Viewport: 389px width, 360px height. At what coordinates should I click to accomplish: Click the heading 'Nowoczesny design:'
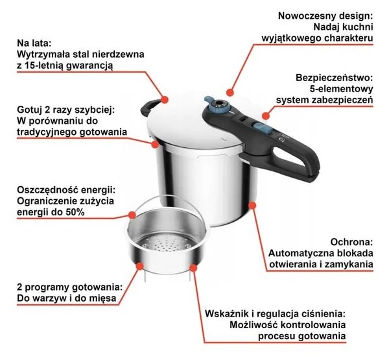coord(325,16)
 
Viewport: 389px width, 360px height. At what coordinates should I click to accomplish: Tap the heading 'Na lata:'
coord(34,43)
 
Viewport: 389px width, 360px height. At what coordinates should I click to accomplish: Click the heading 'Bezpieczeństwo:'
coord(334,77)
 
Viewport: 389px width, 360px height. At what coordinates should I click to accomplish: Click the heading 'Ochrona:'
coord(351,241)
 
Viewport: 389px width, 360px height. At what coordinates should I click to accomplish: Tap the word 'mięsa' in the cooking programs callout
coord(103,298)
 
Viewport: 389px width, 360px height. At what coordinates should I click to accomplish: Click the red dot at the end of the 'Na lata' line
coord(165,99)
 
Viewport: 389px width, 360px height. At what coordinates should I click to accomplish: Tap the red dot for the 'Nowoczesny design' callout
coord(230,92)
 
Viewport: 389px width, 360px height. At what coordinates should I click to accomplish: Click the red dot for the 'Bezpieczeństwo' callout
coord(266,115)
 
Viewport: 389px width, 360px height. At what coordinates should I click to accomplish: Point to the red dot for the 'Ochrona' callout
coord(252,206)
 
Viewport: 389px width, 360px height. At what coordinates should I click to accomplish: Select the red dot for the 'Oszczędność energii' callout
coord(132,215)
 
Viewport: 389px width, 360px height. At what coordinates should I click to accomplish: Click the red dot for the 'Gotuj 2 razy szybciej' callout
coord(156,144)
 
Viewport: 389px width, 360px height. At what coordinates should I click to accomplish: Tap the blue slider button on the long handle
coord(262,127)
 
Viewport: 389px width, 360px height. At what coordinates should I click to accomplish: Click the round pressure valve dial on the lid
coord(220,104)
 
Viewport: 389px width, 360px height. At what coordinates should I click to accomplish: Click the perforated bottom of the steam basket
coord(167,243)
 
